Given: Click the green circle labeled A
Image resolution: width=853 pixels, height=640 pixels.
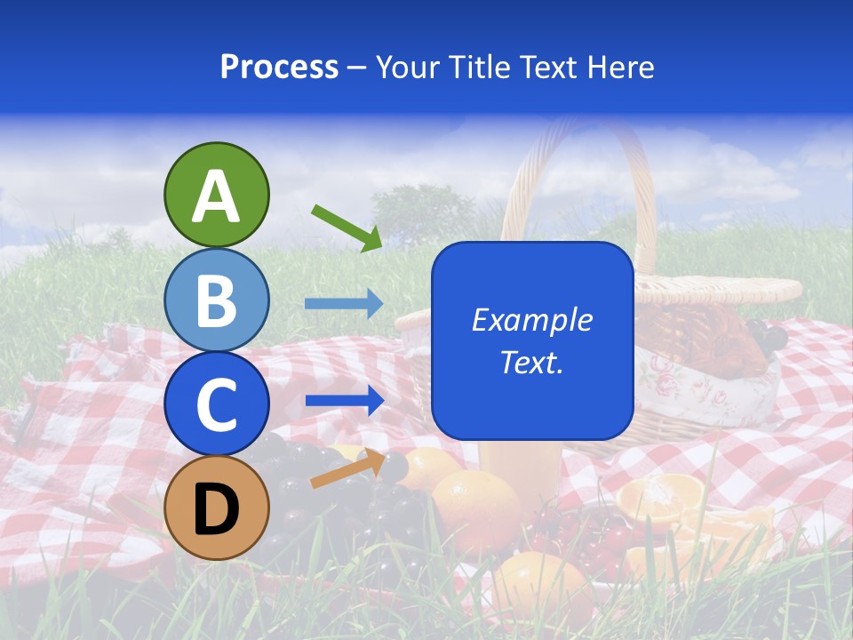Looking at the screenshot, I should click(x=216, y=195).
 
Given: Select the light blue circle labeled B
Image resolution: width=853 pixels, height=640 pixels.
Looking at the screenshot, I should click(x=216, y=300).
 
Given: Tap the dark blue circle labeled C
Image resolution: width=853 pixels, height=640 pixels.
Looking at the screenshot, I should click(x=216, y=404).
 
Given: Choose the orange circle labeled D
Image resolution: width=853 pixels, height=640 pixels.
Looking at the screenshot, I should click(x=216, y=508).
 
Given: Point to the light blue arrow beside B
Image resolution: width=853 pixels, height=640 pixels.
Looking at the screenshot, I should click(x=344, y=304).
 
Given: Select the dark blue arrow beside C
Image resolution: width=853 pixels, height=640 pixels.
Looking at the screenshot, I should click(x=344, y=400).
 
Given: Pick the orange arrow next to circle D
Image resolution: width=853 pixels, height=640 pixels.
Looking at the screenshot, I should click(x=347, y=470).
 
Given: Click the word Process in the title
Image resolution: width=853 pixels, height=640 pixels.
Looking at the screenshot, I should click(x=279, y=67).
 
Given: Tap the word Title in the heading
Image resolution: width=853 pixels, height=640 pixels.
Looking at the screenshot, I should click(x=479, y=67).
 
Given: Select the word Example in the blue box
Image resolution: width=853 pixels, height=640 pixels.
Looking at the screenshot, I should click(x=531, y=320).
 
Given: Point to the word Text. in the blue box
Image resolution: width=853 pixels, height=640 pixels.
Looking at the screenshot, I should click(x=531, y=362).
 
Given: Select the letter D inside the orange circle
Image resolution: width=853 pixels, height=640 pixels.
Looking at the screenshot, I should click(x=216, y=509).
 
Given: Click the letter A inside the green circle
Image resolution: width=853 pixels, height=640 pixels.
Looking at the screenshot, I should click(x=216, y=196).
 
